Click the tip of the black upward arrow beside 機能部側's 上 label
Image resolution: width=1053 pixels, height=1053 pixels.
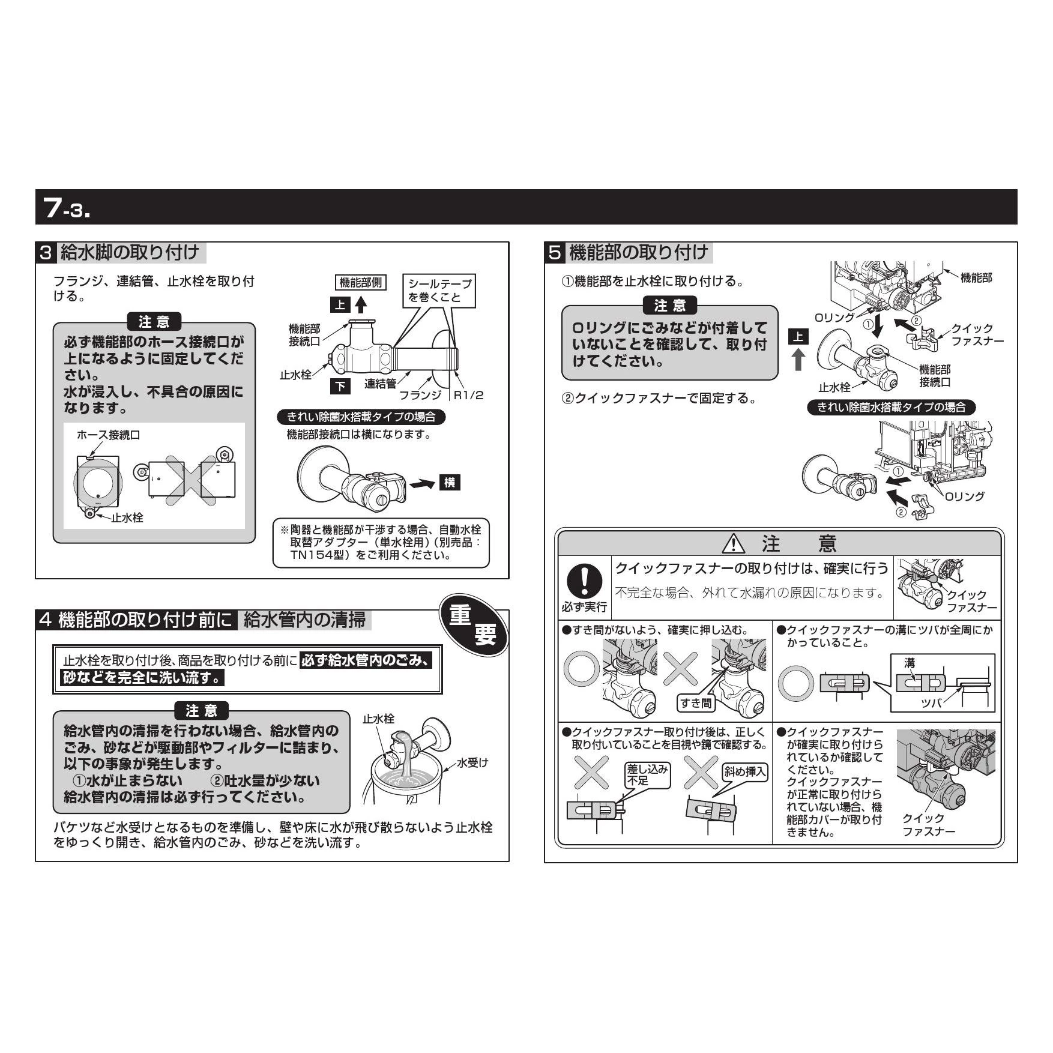pos(360,297)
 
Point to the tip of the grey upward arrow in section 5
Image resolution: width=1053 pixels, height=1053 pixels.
pos(798,350)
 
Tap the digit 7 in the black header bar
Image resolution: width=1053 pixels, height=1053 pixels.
pos(52,208)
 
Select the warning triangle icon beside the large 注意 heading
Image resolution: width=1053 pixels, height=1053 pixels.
pos(734,543)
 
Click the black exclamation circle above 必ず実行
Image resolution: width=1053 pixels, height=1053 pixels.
pos(584,581)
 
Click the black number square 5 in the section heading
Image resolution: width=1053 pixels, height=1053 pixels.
pos(555,253)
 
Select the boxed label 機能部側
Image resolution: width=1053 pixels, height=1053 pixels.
pos(360,283)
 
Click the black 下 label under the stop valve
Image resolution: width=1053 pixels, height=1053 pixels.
pos(340,386)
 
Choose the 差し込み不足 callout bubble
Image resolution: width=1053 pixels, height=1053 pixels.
pos(647,775)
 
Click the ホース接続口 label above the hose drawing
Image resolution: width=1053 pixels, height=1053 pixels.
pos(108,435)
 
